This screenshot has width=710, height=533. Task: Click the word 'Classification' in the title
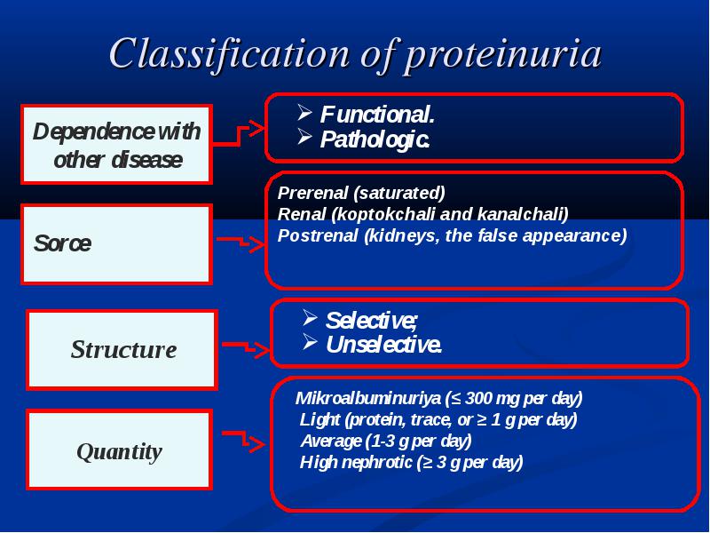[x=229, y=53]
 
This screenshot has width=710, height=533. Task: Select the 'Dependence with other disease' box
[x=117, y=145]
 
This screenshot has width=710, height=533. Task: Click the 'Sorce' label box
[x=117, y=244]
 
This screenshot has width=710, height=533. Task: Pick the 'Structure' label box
[x=122, y=349]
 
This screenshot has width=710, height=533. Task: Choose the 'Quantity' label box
[x=120, y=449]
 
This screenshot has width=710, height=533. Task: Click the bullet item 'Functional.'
[x=377, y=115]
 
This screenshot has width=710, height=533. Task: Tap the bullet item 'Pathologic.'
[x=375, y=139]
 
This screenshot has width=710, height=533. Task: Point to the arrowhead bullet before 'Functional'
[x=304, y=112]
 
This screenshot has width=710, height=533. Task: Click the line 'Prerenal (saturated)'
[x=361, y=193]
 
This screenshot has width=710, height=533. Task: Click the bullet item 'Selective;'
[x=371, y=321]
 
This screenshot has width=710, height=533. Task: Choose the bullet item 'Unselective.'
[x=383, y=345]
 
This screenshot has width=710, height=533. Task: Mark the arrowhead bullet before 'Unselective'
[x=310, y=341]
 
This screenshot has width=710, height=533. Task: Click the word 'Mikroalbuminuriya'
[x=367, y=398]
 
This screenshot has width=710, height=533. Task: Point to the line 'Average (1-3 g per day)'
[x=386, y=441]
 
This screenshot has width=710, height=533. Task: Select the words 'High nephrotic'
[x=356, y=462]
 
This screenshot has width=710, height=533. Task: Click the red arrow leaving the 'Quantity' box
[x=243, y=439]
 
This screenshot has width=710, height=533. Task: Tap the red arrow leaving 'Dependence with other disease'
[x=239, y=135]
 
